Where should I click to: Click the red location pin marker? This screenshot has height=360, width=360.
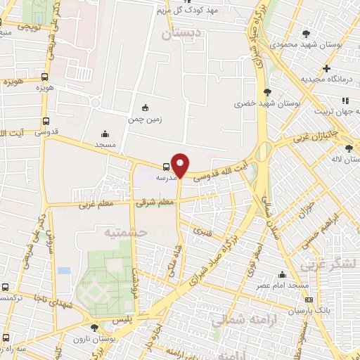181,166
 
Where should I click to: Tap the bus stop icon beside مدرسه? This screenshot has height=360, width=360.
166,167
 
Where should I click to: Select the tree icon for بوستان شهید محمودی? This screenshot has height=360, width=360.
306,33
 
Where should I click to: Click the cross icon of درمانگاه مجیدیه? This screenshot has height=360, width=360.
326,68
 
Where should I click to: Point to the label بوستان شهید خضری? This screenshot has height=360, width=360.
255,103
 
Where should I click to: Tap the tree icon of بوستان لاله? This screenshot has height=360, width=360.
349,148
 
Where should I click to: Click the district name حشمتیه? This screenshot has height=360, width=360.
124,231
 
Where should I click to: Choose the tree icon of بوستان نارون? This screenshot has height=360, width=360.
95,327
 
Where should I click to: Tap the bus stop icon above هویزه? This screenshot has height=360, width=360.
45,77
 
